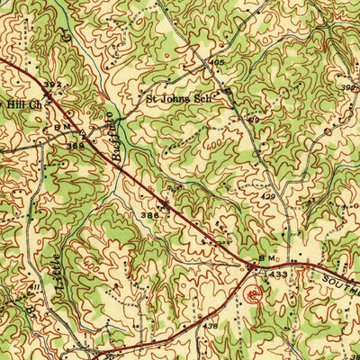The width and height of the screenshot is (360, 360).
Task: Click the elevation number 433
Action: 280,274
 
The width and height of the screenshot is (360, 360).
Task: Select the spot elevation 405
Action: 217,63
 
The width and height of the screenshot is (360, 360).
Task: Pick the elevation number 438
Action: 210,326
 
